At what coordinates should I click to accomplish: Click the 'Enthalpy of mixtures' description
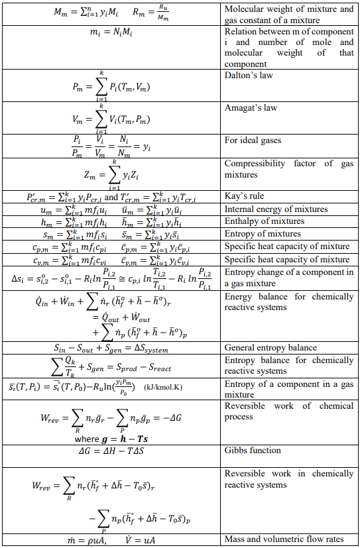pos(265,221)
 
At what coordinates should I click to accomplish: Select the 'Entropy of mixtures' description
pos(263,234)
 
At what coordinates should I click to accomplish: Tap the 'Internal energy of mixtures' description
pos(276,209)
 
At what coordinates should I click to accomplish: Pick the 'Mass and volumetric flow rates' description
pos(284,539)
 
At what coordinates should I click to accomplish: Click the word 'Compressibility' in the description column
pos(258,164)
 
